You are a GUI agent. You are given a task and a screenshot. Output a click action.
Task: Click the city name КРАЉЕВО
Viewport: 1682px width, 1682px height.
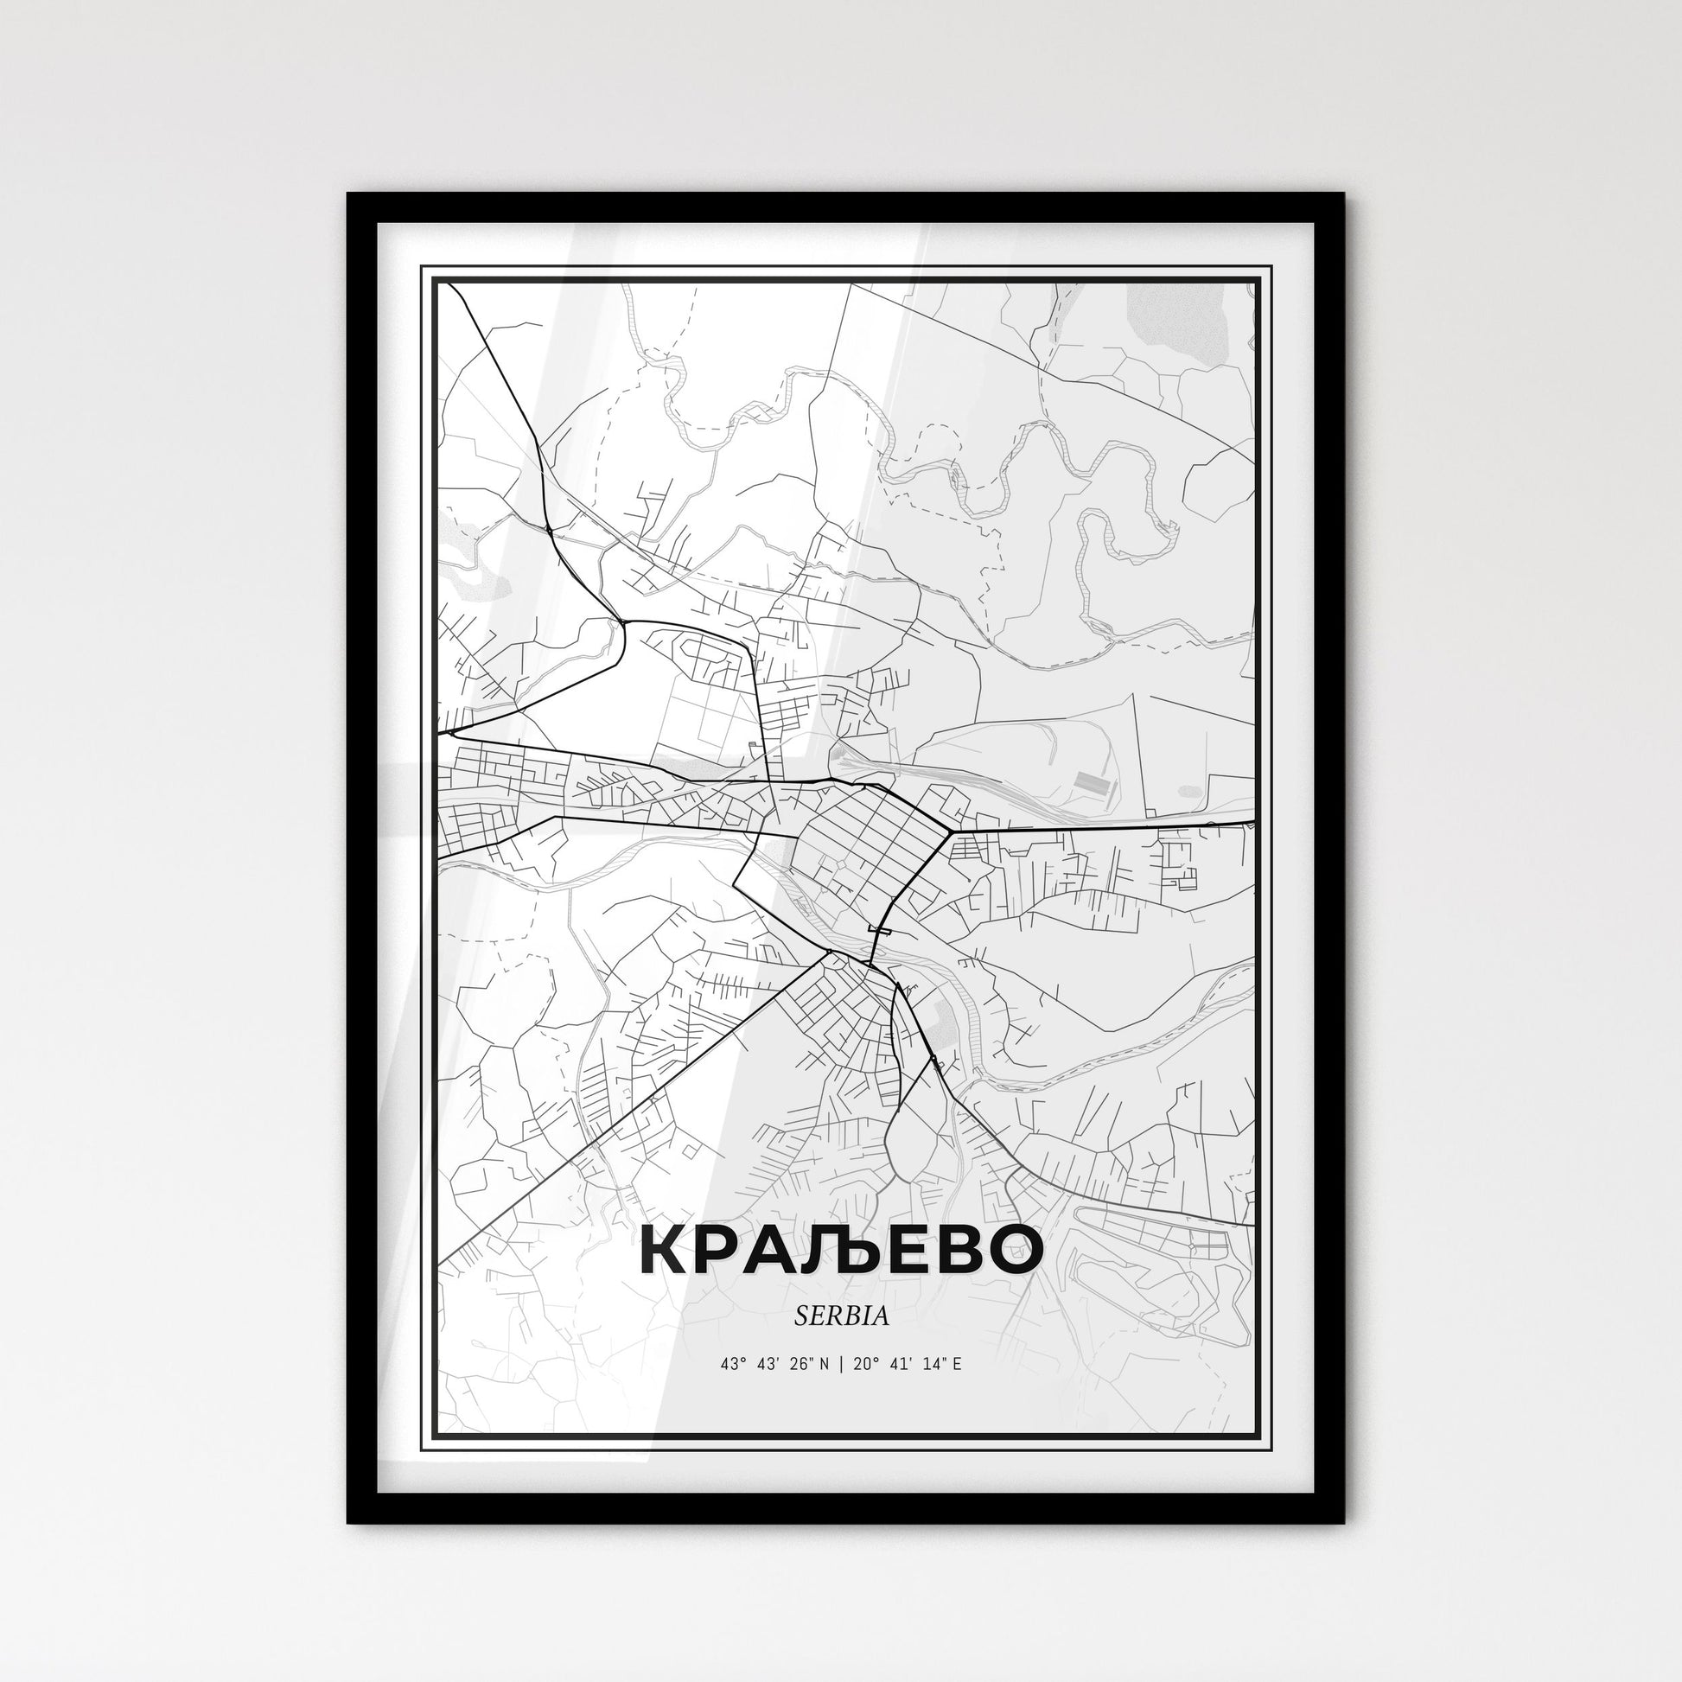pyautogui.click(x=841, y=1250)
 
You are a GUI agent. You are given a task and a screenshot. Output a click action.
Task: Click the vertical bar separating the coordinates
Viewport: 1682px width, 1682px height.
pyautogui.click(x=841, y=1364)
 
